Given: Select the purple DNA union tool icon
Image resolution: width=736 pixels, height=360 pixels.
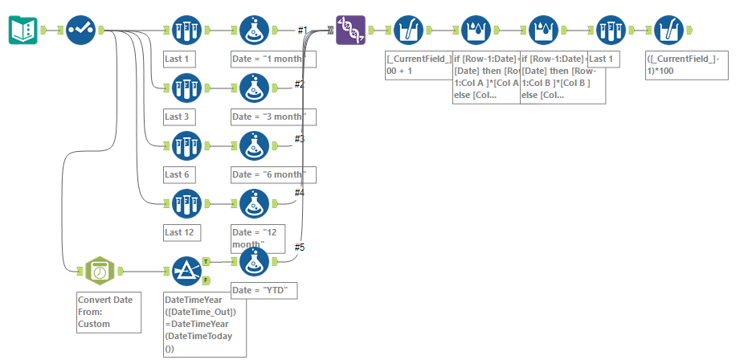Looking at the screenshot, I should [350, 31].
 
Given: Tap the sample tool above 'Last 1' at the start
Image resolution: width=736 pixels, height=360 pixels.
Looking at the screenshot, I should [186, 31].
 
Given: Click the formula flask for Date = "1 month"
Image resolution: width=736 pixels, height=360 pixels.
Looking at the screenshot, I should [255, 31].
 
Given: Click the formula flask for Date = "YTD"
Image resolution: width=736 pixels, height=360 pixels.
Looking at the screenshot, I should [255, 262].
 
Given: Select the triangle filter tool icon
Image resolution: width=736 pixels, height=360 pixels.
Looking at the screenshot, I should [187, 272].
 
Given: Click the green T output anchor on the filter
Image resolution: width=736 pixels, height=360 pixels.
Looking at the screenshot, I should [206, 261].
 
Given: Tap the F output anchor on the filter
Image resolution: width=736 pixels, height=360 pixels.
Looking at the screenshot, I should [206, 280].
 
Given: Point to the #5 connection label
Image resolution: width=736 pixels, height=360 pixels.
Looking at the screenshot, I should [301, 247].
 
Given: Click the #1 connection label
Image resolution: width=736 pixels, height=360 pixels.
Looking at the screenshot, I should [303, 31].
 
